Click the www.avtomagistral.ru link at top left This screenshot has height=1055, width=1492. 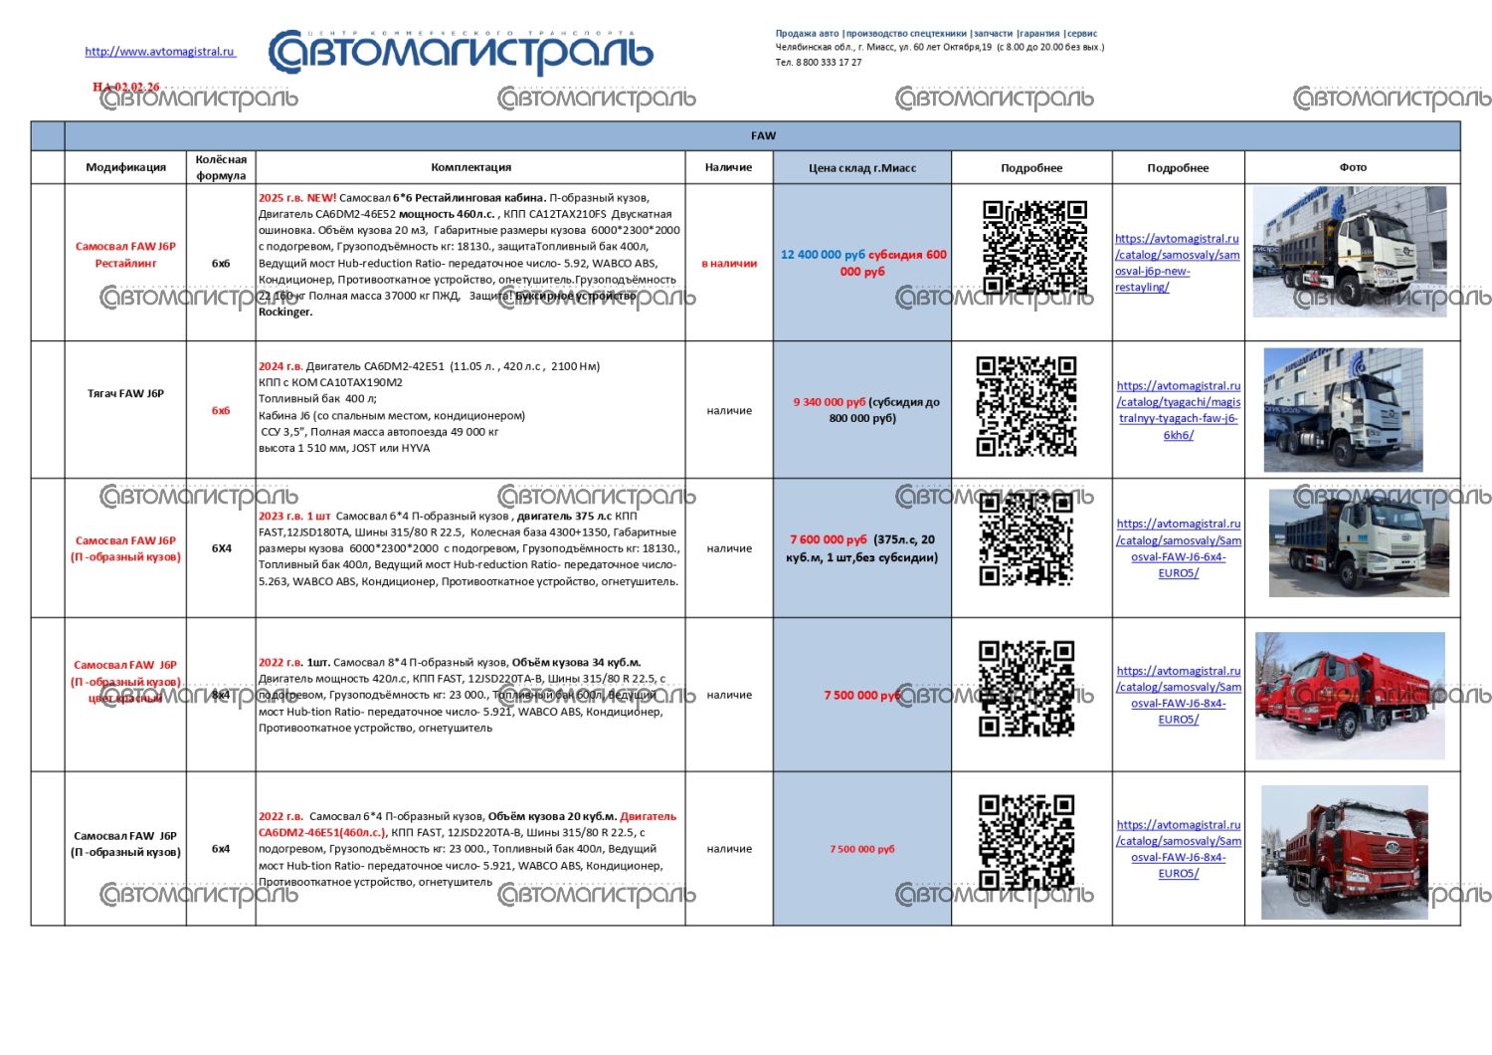pos(160,52)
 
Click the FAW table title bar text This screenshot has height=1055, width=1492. pos(763,135)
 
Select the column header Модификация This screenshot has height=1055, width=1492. pos(125,167)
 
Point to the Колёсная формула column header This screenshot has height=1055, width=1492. pos(221,167)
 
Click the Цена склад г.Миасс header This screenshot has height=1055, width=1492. pos(861,168)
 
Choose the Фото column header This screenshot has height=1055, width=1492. pos(1353,167)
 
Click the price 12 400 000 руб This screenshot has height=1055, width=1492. pos(823,255)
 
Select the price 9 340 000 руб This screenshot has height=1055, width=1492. pos(830,402)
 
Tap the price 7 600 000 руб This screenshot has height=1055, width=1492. pos(829,539)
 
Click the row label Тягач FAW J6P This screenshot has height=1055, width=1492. pos(125,394)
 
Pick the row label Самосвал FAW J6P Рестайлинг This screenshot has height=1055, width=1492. pos(125,255)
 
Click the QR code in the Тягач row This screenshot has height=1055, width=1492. pos(1026,406)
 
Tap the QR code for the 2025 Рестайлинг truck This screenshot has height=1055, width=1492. pos(1034,249)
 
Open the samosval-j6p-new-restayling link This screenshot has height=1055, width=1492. pos(1177,263)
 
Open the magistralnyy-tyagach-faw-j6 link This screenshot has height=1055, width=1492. pos(1179,410)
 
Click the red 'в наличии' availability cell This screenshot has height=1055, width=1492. pos(729,264)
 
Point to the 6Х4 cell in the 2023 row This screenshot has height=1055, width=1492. pos(221,548)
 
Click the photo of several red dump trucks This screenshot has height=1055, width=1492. pos(1350,696)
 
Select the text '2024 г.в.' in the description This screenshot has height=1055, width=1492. pos(280,366)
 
